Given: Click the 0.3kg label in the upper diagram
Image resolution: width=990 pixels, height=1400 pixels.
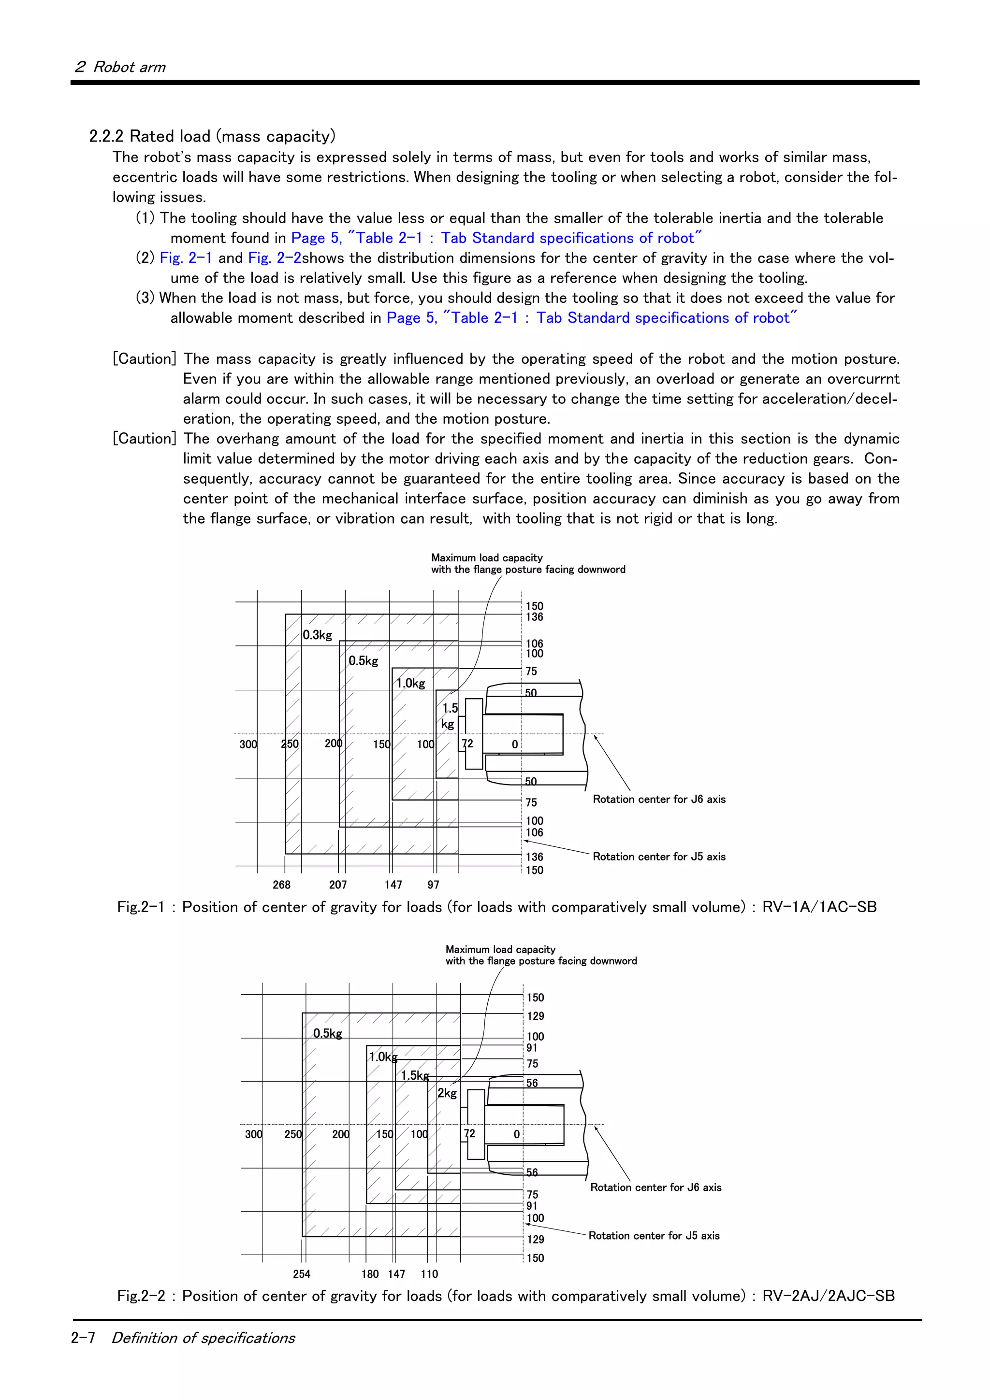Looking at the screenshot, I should tap(317, 635).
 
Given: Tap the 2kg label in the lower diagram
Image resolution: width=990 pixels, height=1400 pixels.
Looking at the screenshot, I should tap(447, 1093).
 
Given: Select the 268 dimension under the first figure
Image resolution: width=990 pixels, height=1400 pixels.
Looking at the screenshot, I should tap(281, 885).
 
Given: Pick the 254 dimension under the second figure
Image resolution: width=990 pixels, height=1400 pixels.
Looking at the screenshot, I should tap(301, 1274).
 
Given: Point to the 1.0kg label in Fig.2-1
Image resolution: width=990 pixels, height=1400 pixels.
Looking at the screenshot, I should tap(410, 684).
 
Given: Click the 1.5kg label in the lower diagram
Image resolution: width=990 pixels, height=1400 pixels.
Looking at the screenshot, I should tap(415, 1076).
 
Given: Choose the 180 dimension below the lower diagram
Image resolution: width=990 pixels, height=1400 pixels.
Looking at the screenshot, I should tap(370, 1274).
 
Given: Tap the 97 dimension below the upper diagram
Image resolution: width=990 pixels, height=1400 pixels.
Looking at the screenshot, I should tap(433, 885).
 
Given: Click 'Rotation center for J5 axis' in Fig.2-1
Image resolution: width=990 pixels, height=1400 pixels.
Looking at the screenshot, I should tap(659, 857).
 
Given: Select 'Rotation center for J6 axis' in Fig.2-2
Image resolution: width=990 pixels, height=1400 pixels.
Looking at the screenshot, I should tap(656, 1187).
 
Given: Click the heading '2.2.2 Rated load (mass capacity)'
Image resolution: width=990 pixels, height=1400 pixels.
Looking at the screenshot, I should tap(212, 136).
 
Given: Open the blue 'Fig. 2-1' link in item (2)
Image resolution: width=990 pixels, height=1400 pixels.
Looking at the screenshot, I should tap(186, 258).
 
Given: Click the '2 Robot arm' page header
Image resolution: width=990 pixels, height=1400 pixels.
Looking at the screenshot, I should tap(120, 67).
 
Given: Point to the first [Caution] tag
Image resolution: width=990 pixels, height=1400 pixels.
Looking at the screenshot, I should tap(145, 358).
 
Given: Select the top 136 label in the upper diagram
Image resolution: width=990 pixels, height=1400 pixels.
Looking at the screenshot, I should tap(534, 617).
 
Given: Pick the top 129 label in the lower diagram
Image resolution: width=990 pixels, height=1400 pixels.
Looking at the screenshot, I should tap(535, 1016).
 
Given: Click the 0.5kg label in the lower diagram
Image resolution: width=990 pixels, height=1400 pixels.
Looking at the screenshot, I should tap(328, 1033).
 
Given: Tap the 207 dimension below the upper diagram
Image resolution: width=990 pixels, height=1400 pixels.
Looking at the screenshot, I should tap(337, 885).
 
